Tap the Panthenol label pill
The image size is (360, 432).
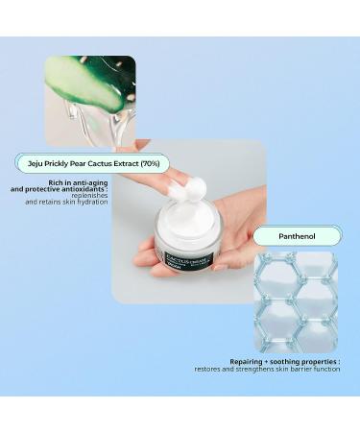click(x=298, y=236)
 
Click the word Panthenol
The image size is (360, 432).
click(x=298, y=236)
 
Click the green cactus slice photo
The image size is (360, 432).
click(x=90, y=96)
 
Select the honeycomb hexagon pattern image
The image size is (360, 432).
click(x=296, y=301)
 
